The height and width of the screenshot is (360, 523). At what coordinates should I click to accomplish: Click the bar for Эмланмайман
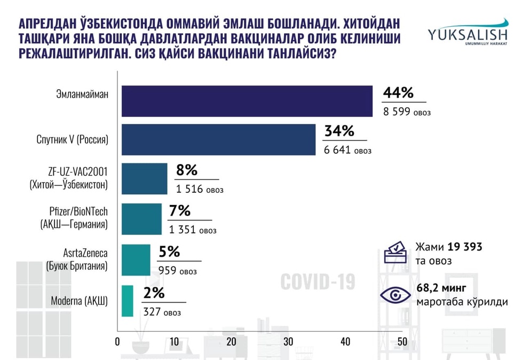pyautogui.click(x=247, y=100)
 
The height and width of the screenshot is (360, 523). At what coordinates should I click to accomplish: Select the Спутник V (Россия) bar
pyautogui.click(x=218, y=140)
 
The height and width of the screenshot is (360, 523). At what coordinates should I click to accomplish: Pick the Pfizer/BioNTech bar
pyautogui.click(x=141, y=219)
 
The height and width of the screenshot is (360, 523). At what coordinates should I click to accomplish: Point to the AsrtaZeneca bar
pyautogui.click(x=136, y=260)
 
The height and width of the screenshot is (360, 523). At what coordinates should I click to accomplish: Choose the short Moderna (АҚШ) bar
pyautogui.click(x=128, y=301)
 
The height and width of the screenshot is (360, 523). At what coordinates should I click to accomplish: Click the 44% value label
pyautogui.click(x=398, y=93)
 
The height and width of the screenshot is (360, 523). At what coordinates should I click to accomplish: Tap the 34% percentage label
pyautogui.click(x=338, y=131)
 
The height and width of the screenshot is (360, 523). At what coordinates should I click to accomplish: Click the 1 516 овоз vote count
pyautogui.click(x=199, y=190)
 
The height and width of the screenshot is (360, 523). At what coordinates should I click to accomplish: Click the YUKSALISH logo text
pyautogui.click(x=467, y=34)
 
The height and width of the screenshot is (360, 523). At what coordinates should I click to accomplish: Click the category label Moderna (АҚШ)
pyautogui.click(x=79, y=301)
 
